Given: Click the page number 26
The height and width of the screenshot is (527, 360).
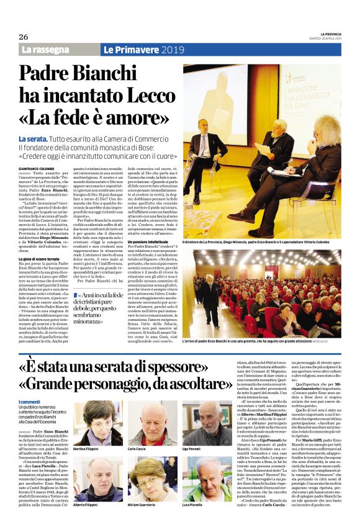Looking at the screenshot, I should tap(23, 37).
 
